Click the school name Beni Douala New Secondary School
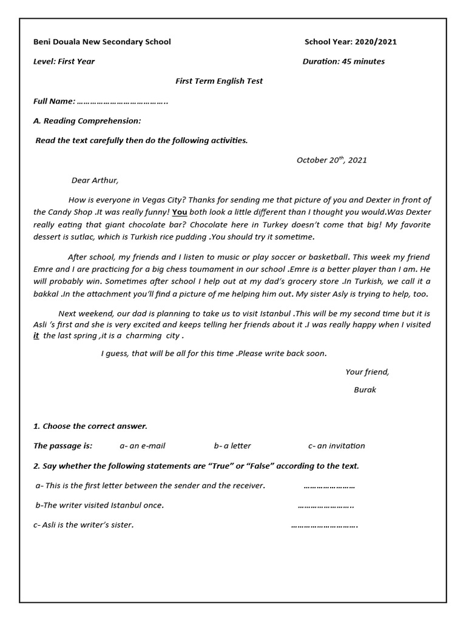pyautogui.click(x=101, y=42)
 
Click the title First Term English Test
pyautogui.click(x=219, y=81)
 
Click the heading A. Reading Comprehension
pyautogui.click(x=87, y=121)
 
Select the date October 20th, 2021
pyautogui.click(x=331, y=160)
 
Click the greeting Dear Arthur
pyautogui.click(x=95, y=180)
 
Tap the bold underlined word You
pyautogui.click(x=179, y=213)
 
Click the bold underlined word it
pyautogui.click(x=36, y=336)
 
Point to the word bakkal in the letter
pyautogui.click(x=45, y=294)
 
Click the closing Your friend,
pyautogui.click(x=367, y=372)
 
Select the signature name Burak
pyautogui.click(x=365, y=390)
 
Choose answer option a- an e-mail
pyautogui.click(x=142, y=446)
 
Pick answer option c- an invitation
pyautogui.click(x=336, y=446)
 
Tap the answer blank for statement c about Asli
pyautogui.click(x=324, y=525)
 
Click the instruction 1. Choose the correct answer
pyautogui.click(x=90, y=426)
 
